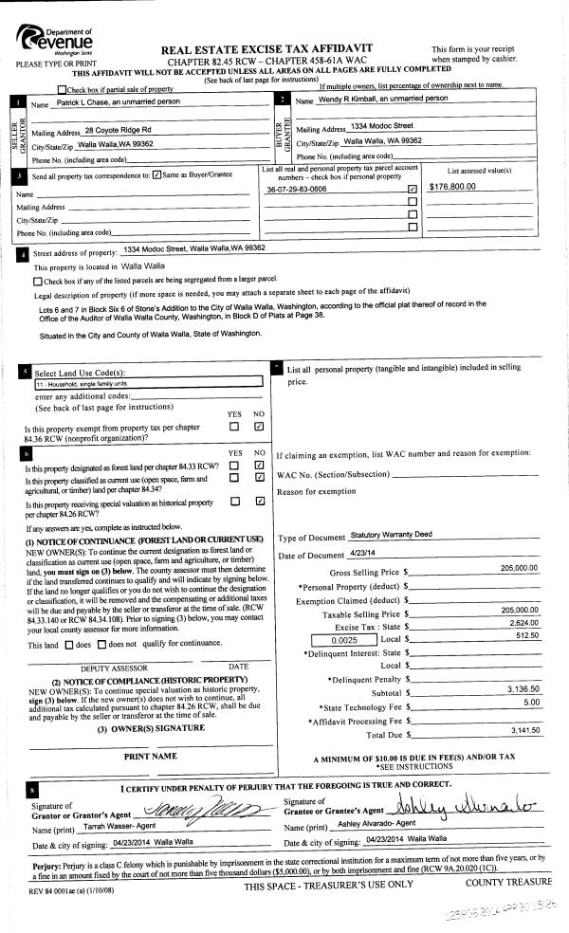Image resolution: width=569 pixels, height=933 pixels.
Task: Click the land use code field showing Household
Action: click(147, 384)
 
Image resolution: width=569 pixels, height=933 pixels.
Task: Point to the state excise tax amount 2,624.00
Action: click(522, 623)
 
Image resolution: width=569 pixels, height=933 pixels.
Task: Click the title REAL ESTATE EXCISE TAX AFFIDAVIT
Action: click(267, 47)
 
